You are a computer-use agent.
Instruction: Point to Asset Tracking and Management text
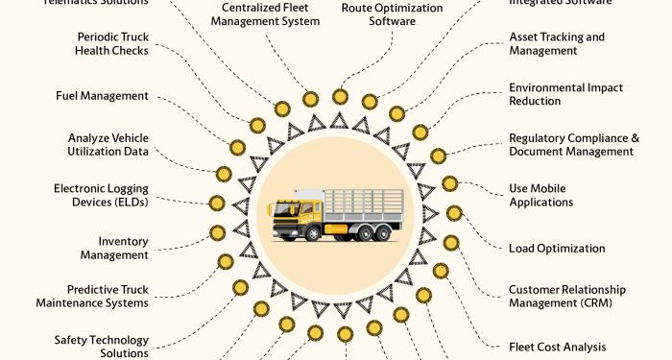(x=557, y=44)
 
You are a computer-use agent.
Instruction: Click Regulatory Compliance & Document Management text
(x=573, y=145)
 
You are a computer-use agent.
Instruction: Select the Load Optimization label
(x=557, y=249)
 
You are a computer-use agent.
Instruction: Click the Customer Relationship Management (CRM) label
(x=566, y=296)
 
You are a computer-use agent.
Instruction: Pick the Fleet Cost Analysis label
(x=557, y=347)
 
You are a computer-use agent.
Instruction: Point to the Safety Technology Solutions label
(x=102, y=347)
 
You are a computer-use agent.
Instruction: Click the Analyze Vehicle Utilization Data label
(x=108, y=145)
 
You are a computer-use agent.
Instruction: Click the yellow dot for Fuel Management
(x=256, y=125)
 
